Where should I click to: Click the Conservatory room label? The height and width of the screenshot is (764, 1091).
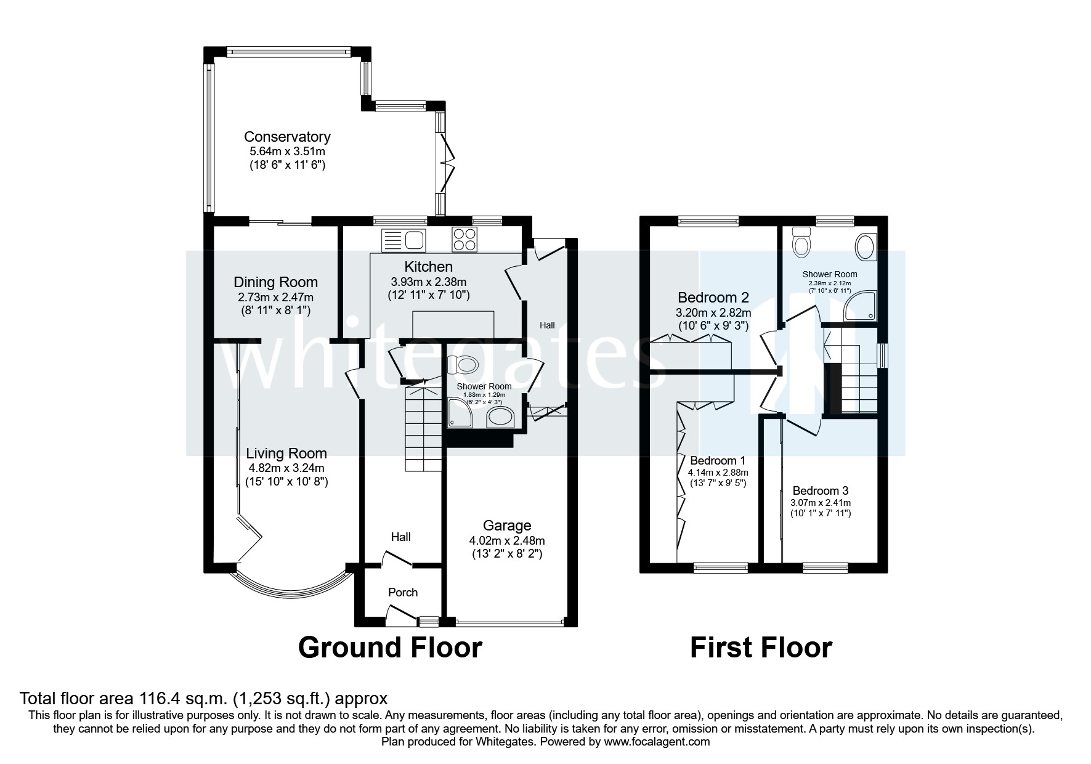click(x=287, y=137)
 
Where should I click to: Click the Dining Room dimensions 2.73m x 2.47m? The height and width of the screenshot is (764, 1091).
click(x=275, y=297)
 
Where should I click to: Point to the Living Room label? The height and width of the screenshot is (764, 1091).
click(x=286, y=453)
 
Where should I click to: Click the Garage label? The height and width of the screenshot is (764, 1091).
click(x=506, y=526)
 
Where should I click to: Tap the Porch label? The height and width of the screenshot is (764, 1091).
click(x=403, y=592)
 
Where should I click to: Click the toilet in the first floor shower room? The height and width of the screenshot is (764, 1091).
click(x=801, y=243)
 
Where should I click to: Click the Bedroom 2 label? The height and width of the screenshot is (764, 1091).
click(x=713, y=298)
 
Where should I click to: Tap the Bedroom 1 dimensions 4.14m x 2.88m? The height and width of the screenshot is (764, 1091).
click(x=716, y=473)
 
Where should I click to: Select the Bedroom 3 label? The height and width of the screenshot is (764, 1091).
click(x=820, y=491)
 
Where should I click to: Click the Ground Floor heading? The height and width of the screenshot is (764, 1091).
click(x=389, y=648)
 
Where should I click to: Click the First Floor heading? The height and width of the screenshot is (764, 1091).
click(x=761, y=648)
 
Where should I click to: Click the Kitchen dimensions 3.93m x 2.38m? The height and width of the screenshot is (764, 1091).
click(x=428, y=282)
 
